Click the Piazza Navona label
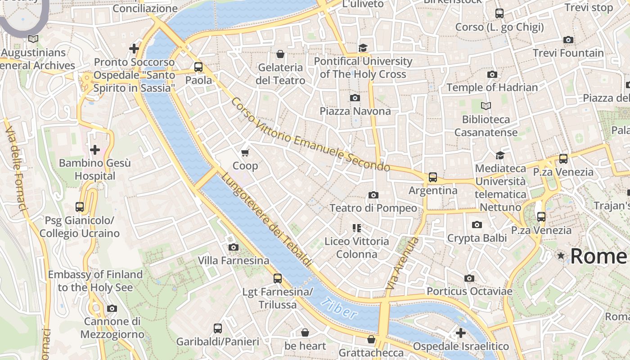(x=355, y=111)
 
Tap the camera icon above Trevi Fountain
(x=568, y=40)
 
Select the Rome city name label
(x=598, y=256)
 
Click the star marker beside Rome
(x=561, y=256)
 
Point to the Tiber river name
(x=340, y=308)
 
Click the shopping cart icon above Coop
(x=245, y=153)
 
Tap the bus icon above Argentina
(x=432, y=177)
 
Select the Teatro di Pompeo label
(x=373, y=208)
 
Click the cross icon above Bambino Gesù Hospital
(x=95, y=150)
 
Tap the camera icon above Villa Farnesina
(x=233, y=247)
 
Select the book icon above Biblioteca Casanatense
(x=486, y=106)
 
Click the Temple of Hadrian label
(x=492, y=87)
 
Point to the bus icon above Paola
(x=198, y=67)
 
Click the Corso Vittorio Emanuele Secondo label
(x=310, y=135)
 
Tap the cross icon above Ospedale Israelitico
(x=460, y=333)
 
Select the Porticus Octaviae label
(x=469, y=291)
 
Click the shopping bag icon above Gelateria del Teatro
(x=280, y=54)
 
